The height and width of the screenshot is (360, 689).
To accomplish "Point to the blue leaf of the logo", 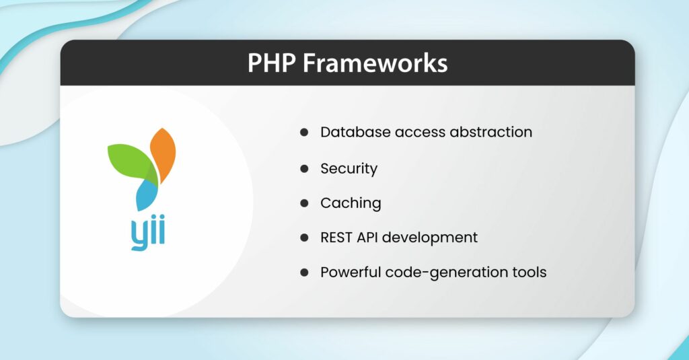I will coord(147,196).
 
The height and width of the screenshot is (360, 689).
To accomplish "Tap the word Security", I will coord(349,168).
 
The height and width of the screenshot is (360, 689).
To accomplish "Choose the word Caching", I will coord(351,203).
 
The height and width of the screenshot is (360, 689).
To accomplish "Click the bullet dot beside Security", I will coord(304,168).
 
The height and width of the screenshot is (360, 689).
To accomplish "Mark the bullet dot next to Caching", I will coord(304,203).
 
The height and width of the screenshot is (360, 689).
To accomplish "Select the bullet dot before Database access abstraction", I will coord(304,133).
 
